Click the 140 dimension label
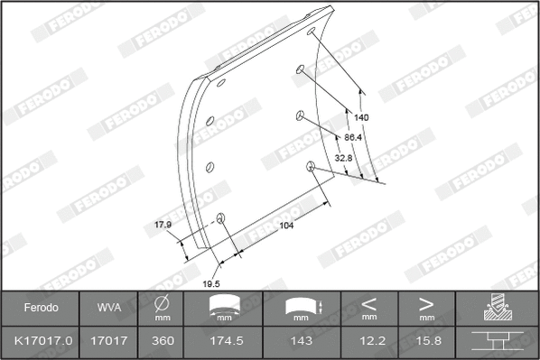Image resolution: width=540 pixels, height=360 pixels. (x=361, y=118)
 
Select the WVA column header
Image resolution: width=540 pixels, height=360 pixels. (x=109, y=308)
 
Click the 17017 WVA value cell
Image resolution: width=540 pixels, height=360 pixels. (x=109, y=341)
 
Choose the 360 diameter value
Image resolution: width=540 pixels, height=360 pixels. (x=163, y=341)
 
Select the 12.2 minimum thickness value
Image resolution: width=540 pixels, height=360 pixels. (x=368, y=341)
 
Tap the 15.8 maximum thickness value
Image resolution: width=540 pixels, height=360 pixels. (x=426, y=341)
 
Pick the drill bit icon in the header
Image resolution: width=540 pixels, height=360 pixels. (x=497, y=308)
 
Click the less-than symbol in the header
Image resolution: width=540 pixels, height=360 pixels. (x=368, y=303)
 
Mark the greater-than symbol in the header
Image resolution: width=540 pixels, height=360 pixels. (x=426, y=303)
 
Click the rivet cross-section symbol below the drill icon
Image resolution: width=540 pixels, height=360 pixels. (x=497, y=342)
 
